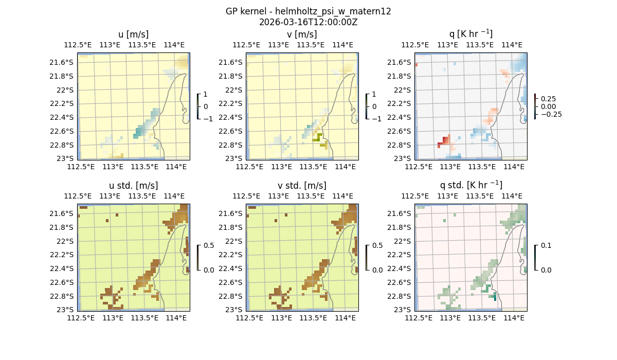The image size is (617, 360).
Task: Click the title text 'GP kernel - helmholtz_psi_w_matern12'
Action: coord(308,11)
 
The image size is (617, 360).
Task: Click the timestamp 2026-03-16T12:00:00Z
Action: coord(308,22)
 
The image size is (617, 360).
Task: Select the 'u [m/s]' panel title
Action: coord(133,34)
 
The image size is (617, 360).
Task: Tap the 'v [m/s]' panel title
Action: coord(302,34)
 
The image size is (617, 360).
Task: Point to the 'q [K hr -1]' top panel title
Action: coord(470,34)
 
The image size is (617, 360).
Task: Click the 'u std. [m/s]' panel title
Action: coord(133,185)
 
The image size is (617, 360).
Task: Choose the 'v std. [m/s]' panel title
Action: coord(302,185)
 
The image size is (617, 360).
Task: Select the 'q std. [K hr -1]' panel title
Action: coord(470,185)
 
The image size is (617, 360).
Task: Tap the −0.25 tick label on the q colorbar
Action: coord(551,114)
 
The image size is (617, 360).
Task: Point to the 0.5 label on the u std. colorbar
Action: coord(209,245)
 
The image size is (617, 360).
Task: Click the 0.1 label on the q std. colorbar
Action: coord(546,245)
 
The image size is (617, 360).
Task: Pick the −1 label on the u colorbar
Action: coord(209,118)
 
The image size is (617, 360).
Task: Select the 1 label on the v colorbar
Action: coord(374,94)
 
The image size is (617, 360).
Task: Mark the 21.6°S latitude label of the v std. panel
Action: coord(232,213)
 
